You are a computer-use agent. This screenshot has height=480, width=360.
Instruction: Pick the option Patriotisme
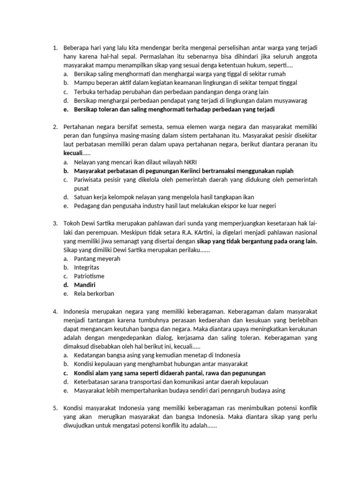(89, 276)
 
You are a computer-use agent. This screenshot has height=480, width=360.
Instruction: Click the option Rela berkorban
(94, 294)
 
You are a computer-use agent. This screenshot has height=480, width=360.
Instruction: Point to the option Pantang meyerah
(97, 258)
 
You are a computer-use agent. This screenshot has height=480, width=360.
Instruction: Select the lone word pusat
(82, 188)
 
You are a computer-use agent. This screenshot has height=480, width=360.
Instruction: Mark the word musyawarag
(258, 100)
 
